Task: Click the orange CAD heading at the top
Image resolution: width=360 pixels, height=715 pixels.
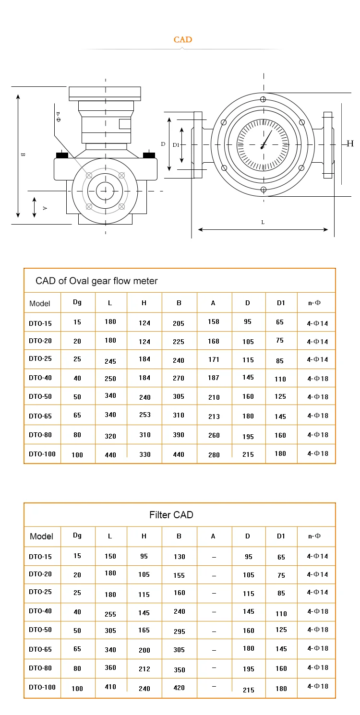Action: click(182, 39)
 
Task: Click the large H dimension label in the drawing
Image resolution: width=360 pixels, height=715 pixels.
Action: click(350, 143)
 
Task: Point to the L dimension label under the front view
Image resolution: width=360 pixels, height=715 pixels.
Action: click(263, 222)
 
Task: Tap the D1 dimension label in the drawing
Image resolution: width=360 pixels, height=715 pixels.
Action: click(176, 144)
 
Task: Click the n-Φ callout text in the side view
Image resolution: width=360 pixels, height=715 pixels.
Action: click(58, 116)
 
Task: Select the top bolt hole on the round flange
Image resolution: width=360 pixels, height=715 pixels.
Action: click(263, 99)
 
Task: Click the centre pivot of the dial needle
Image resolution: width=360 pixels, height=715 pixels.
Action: click(262, 147)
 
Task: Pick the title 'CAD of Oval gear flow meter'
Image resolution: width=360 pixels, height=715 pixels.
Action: click(96, 281)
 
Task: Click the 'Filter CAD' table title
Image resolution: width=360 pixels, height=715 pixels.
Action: click(171, 515)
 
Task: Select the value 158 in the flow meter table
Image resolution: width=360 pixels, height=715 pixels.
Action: click(214, 322)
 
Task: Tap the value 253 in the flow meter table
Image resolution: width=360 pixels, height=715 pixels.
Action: click(145, 415)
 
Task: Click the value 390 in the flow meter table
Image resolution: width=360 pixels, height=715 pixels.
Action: click(179, 435)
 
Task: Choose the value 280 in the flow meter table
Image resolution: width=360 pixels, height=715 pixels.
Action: click(214, 454)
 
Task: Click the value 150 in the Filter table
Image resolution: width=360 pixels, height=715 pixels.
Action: click(110, 556)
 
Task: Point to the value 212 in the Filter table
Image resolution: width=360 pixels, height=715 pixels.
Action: click(144, 668)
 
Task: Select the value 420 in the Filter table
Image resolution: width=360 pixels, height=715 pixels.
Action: click(179, 688)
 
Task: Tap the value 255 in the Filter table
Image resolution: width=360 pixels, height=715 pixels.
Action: click(110, 614)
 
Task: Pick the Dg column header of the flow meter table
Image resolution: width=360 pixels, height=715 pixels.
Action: click(77, 302)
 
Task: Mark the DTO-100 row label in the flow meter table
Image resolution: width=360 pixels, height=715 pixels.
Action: click(42, 454)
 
